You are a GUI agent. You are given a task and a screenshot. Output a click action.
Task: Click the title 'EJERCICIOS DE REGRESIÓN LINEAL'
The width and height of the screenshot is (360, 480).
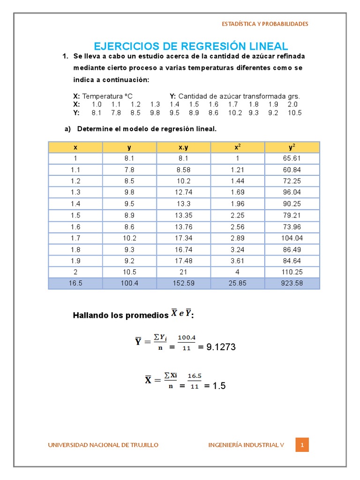tap(191, 46)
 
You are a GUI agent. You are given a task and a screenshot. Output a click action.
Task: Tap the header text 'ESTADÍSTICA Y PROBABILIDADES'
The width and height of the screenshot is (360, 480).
tap(265, 24)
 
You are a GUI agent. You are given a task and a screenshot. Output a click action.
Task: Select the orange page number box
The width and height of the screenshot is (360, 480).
tap(302, 445)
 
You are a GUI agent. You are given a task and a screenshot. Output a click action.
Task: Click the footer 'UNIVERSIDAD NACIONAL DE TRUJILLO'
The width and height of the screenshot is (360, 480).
tap(103, 445)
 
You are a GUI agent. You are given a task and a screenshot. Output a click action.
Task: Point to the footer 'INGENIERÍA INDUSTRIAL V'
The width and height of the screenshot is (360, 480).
tap(246, 445)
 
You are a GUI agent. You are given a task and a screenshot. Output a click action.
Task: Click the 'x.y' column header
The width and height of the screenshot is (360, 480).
tap(184, 147)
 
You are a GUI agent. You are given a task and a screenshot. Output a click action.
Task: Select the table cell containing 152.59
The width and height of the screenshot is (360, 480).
tap(184, 284)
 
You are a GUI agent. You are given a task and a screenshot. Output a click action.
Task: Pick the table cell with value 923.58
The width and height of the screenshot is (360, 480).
tap(292, 284)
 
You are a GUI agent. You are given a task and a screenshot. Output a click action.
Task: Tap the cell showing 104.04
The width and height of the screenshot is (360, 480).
tap(292, 238)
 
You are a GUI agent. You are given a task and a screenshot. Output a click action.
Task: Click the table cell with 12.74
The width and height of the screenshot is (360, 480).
tap(184, 192)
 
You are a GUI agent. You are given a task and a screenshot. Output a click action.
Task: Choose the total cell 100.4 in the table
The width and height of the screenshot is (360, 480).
tap(129, 284)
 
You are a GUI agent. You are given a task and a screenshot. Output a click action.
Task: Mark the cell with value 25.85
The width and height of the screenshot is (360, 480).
tap(238, 284)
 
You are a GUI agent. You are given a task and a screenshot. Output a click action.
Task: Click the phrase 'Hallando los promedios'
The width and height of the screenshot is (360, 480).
tap(120, 315)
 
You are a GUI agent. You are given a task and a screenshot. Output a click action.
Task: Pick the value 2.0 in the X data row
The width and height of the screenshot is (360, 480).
tap(292, 104)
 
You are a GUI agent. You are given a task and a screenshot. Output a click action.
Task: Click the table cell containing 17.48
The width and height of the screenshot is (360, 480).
tap(184, 261)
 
